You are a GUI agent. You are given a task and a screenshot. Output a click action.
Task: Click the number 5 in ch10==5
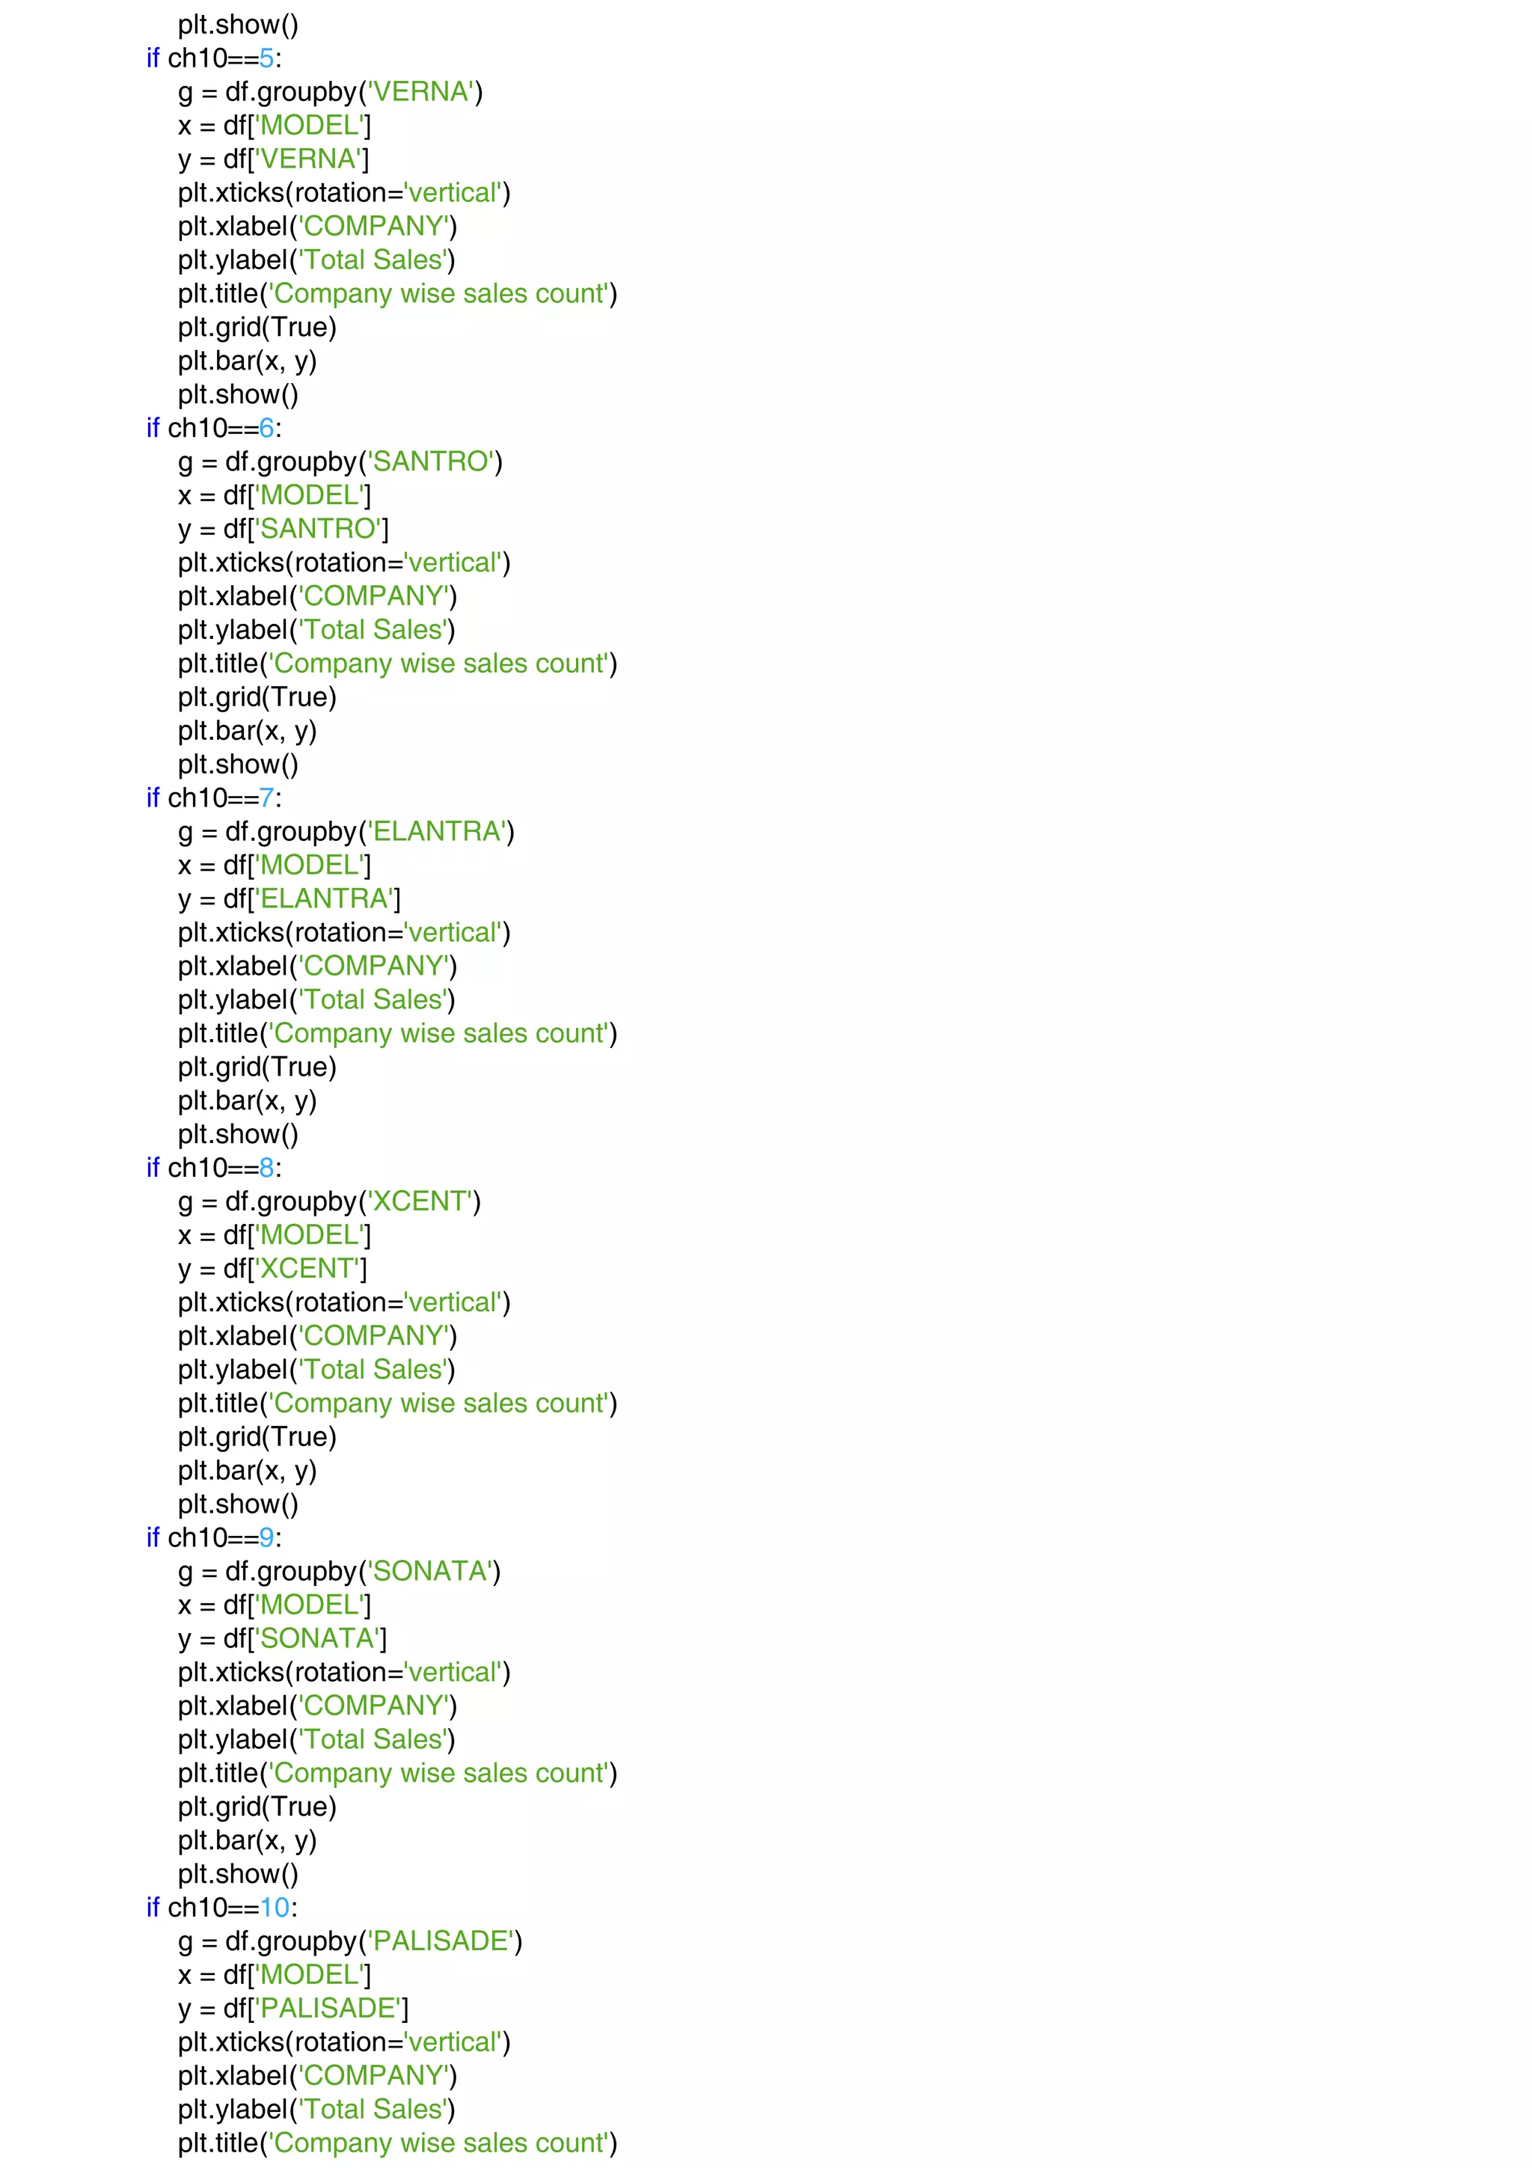click(266, 58)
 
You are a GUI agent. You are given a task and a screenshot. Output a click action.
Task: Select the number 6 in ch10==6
click(266, 429)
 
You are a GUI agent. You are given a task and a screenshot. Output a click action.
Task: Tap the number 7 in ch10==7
click(266, 798)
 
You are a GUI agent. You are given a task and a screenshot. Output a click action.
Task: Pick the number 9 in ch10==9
click(266, 1538)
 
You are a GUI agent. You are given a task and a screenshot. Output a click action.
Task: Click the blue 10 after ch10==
click(275, 1908)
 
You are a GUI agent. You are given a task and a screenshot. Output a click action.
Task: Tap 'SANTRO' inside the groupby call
click(430, 462)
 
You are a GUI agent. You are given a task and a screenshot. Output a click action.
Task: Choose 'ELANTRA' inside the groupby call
click(436, 832)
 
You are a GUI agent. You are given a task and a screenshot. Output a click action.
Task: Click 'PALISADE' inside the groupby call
click(440, 1941)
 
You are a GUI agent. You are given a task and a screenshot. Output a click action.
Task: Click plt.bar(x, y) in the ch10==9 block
click(248, 1840)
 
